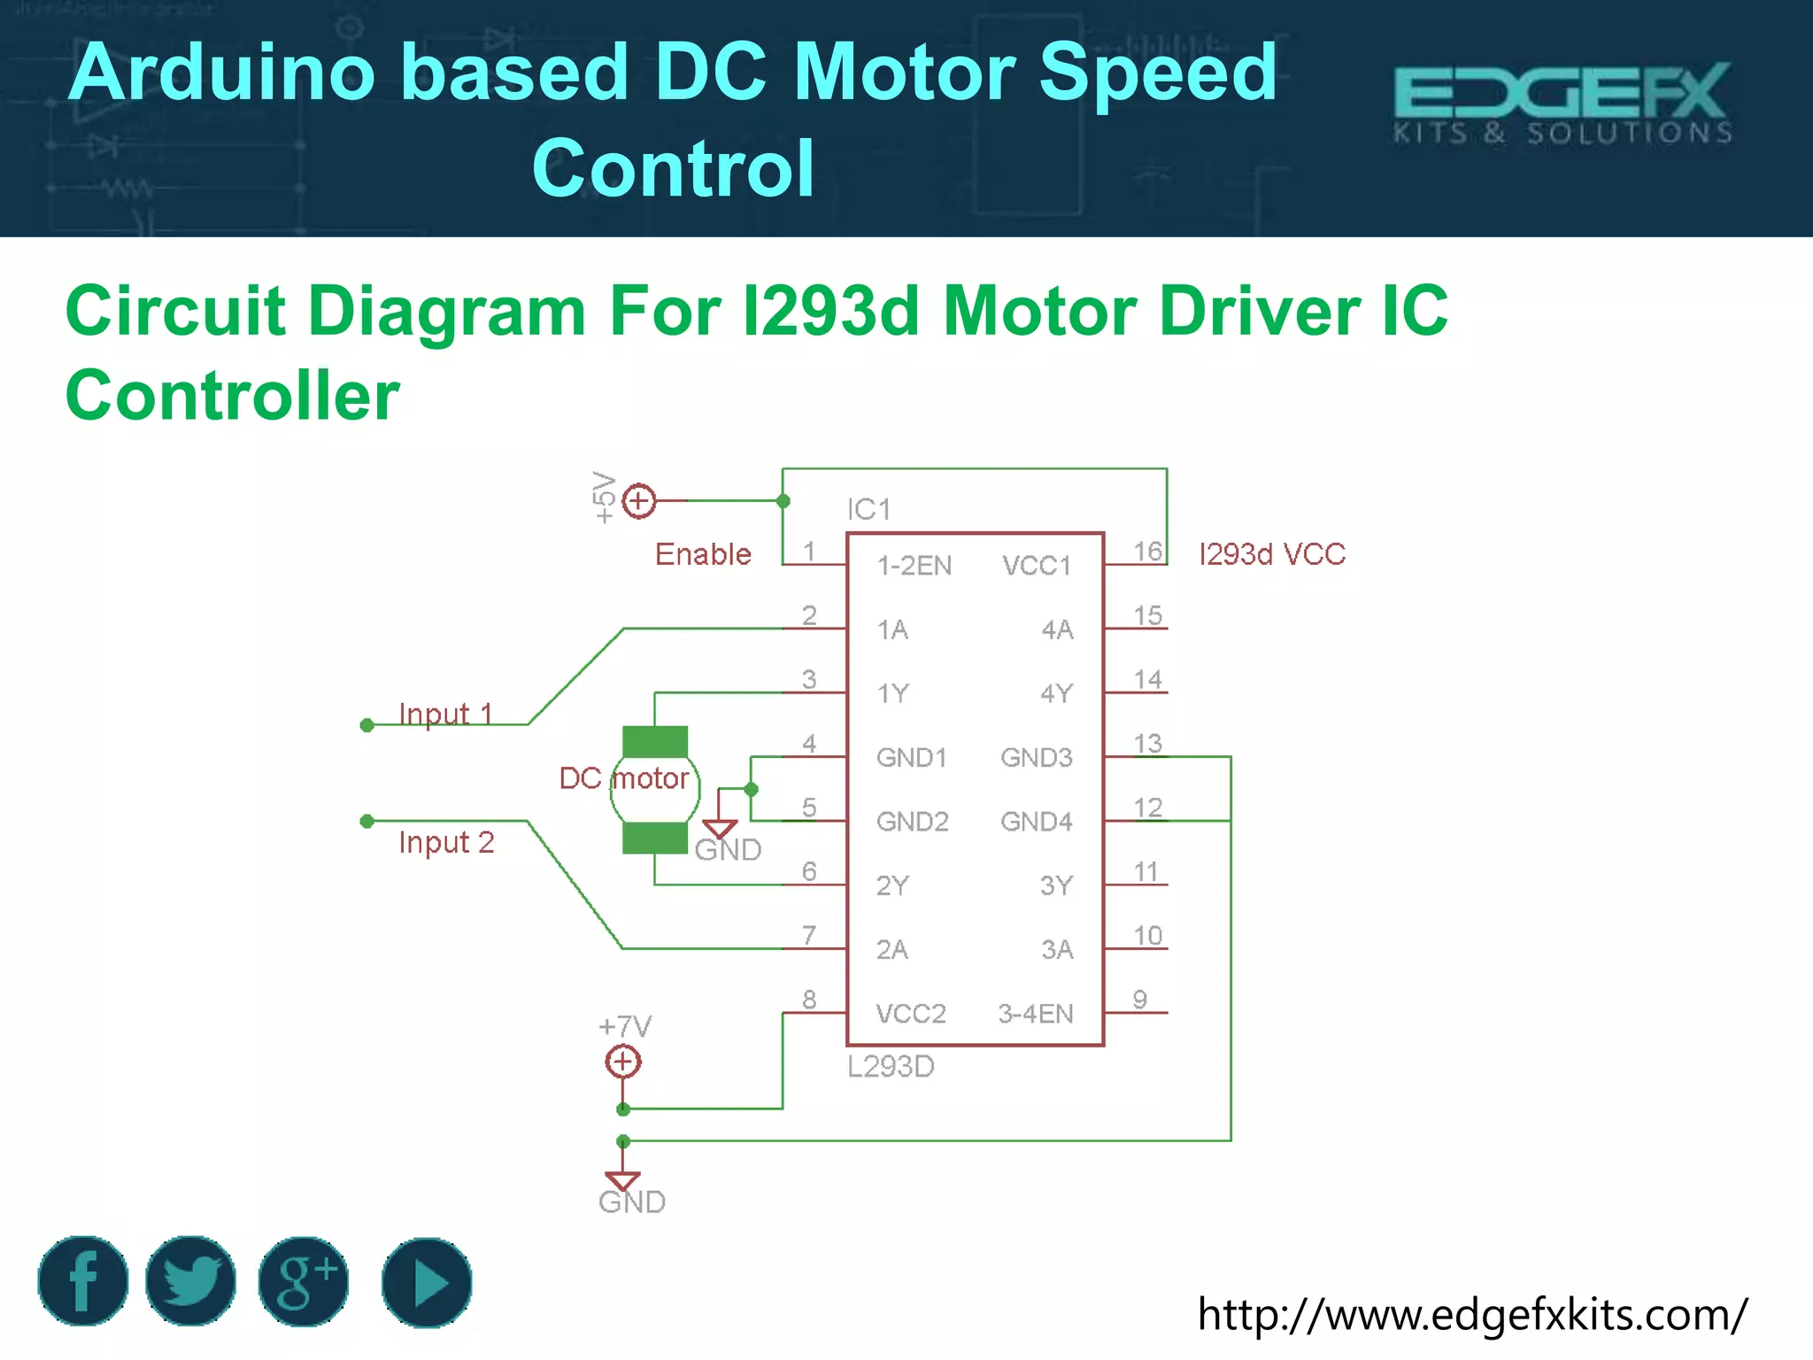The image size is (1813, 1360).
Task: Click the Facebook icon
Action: coord(83,1280)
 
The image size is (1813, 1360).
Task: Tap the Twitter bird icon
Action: coord(190,1280)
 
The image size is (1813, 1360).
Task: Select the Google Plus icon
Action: coord(303,1280)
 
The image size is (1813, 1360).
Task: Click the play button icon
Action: coord(427,1282)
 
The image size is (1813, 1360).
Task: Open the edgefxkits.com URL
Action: coord(1472,1315)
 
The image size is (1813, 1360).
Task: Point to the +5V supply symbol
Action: coord(638,501)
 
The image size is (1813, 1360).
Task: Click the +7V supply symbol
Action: coord(623,1060)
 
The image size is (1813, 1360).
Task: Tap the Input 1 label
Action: coord(445,714)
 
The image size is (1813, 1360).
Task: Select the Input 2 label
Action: coord(446,842)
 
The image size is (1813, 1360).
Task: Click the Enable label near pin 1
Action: coord(703,554)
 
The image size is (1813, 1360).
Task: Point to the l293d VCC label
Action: coord(1272,554)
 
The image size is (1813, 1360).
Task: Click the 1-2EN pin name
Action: coord(914,566)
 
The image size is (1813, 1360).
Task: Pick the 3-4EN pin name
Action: coord(1036,1014)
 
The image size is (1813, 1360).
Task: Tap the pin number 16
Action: coord(1148,551)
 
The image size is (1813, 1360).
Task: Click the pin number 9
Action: coord(1140,1000)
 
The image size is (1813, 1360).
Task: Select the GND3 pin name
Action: coord(1037,758)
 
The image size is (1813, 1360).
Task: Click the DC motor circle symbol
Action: coord(654,790)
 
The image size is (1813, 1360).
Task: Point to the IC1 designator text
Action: coord(868,509)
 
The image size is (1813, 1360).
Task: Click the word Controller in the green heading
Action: coord(233,395)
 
